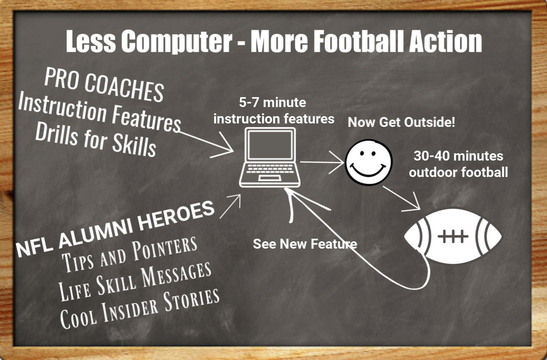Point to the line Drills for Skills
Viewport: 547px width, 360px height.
click(x=96, y=139)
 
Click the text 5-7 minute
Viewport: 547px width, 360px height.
click(x=272, y=102)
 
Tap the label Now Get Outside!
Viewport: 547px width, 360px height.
click(x=401, y=122)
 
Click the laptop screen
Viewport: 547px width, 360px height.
click(x=270, y=145)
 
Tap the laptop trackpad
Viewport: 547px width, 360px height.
click(x=270, y=178)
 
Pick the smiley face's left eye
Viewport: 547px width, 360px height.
click(x=362, y=153)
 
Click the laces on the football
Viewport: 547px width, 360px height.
click(x=453, y=236)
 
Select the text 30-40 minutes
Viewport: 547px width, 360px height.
click(x=458, y=156)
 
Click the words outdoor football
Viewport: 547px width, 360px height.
click(x=458, y=172)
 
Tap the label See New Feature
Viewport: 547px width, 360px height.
click(x=305, y=244)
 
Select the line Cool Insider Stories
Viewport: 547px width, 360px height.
click(x=140, y=309)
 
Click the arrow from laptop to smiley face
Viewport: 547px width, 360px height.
click(x=322, y=162)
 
